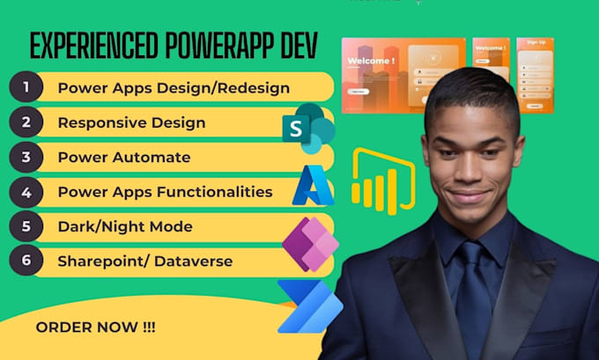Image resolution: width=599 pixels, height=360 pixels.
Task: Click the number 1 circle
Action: [x=27, y=87]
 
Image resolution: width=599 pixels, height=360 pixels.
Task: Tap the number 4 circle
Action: [x=27, y=191]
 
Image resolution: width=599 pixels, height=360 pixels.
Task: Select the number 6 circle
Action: [x=27, y=261]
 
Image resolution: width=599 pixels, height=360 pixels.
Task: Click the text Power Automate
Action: [x=123, y=157]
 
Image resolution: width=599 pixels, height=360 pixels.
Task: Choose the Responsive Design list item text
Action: [x=131, y=122]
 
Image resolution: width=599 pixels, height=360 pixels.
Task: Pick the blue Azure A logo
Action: [x=311, y=186]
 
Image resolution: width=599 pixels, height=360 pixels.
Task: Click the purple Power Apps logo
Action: [x=308, y=243]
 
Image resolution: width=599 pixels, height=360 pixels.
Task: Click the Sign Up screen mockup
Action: [x=535, y=75]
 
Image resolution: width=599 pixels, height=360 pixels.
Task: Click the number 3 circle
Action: [x=27, y=157]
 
